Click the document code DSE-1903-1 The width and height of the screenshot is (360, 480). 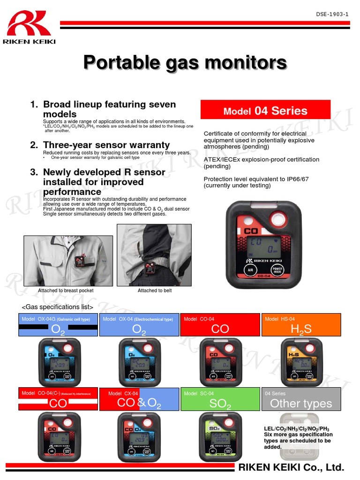(332, 14)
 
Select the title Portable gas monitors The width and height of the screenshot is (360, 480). (185, 62)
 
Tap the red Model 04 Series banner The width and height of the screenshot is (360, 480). (265, 111)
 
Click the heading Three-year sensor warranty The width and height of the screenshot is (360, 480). (106, 145)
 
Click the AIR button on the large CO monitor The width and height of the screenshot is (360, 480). (251, 270)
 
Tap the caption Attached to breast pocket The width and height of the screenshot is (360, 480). (66, 291)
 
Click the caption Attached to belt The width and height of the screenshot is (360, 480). (155, 291)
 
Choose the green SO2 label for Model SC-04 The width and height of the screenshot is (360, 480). (220, 399)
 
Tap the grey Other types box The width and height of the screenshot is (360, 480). (301, 399)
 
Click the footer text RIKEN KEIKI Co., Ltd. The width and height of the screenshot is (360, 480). (292, 467)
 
